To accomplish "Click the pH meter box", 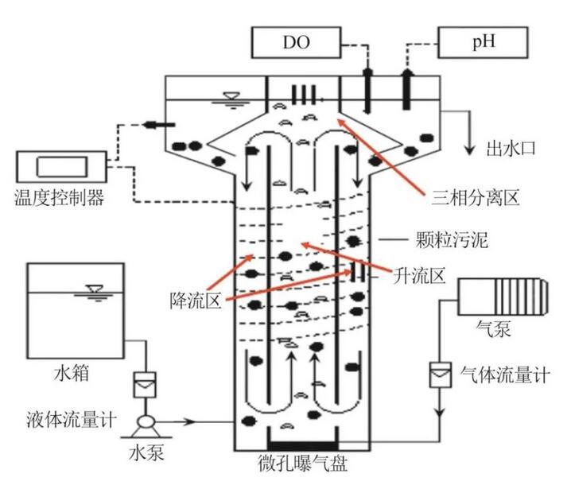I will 484,41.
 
